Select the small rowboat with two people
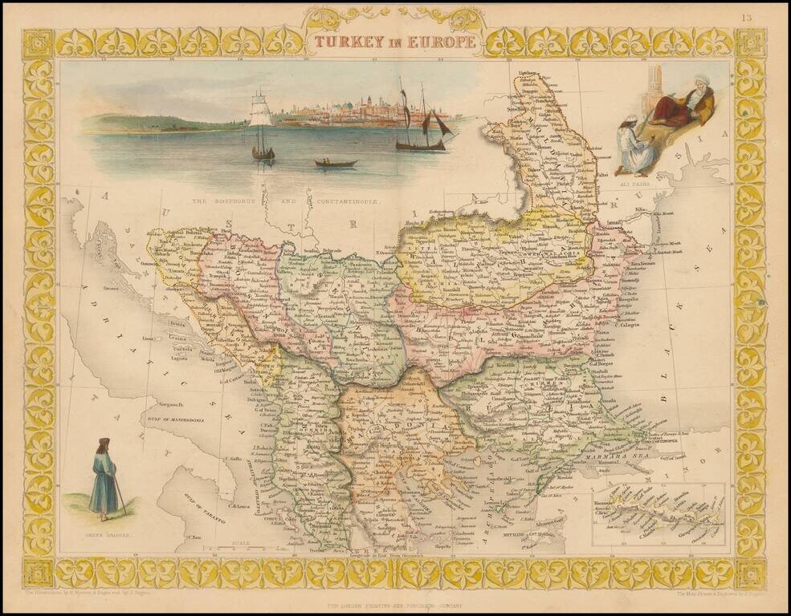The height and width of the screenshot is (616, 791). tap(336, 162)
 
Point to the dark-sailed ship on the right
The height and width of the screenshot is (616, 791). tap(424, 128)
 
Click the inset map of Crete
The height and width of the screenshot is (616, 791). tap(658, 514)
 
